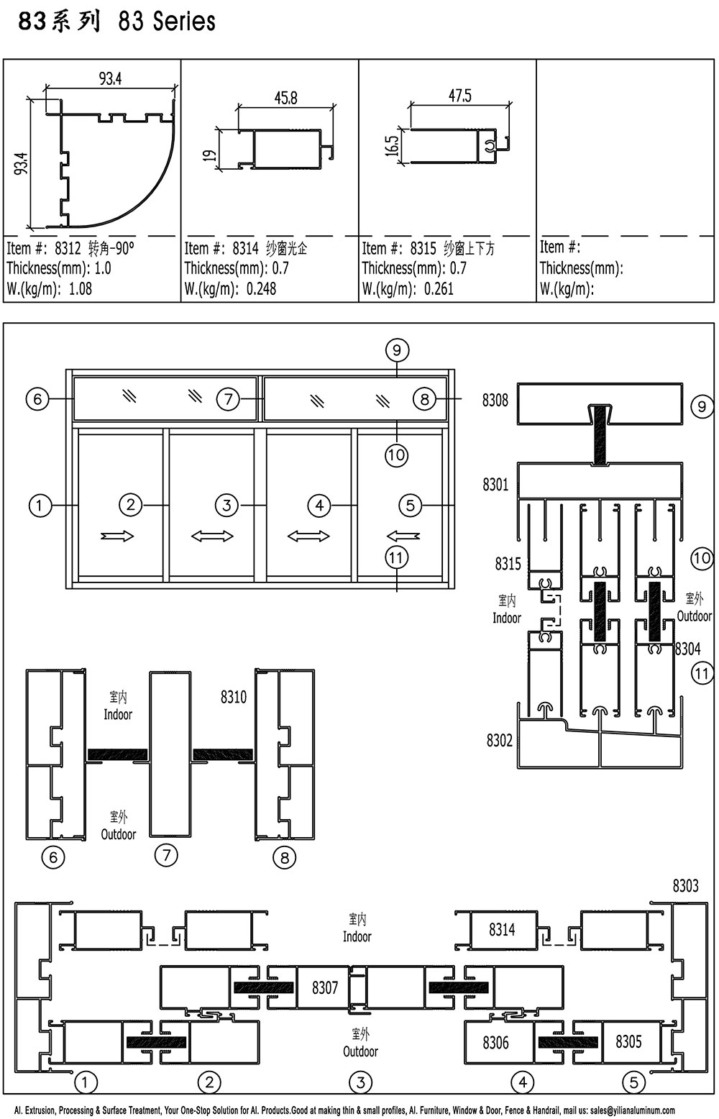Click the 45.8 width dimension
click(285, 97)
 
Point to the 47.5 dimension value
click(460, 96)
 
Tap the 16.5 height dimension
click(393, 146)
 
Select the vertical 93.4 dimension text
click(21, 163)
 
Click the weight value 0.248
click(261, 289)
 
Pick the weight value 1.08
click(81, 289)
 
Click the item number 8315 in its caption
click(423, 248)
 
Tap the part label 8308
click(495, 400)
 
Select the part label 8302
click(499, 740)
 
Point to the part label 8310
click(234, 697)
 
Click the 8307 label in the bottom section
click(325, 987)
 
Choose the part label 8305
click(628, 1041)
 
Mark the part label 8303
click(685, 886)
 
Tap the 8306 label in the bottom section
click(495, 1043)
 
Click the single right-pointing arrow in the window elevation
click(116, 536)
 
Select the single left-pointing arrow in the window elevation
click(403, 536)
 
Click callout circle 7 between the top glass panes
click(228, 399)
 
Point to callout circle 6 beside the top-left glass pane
click(37, 399)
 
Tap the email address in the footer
click(633, 1110)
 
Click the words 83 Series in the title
click(167, 22)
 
